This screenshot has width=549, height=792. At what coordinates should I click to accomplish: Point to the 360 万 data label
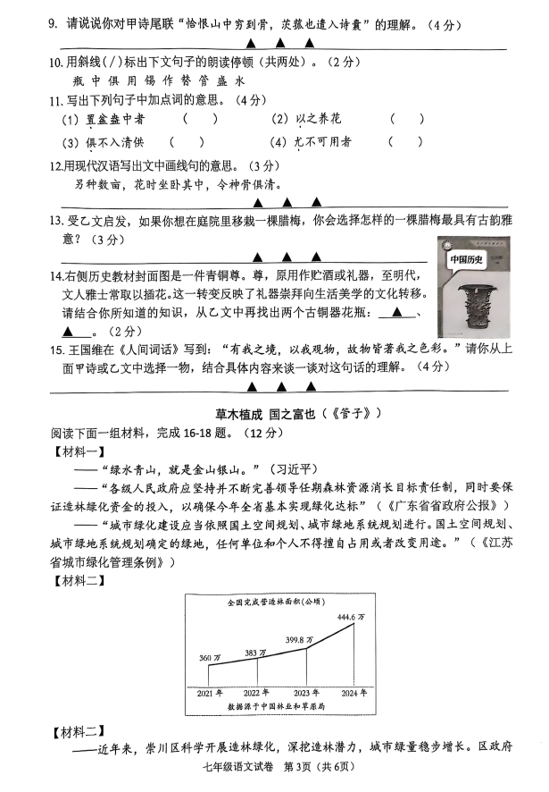(x=207, y=659)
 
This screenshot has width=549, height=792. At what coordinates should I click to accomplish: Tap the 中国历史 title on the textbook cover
(x=466, y=260)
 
